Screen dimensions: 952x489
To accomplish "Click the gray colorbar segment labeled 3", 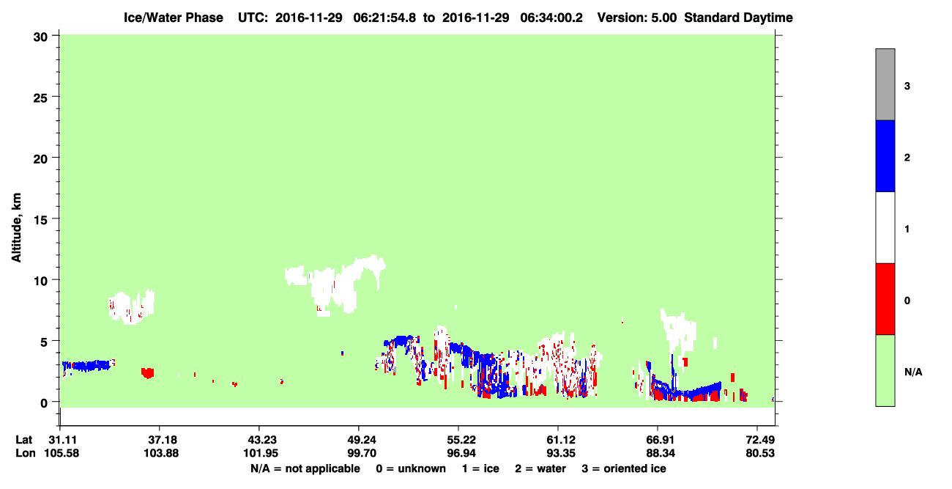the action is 885,84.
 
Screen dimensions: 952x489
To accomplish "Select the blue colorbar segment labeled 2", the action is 885,155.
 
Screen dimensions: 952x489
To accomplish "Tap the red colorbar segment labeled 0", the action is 885,299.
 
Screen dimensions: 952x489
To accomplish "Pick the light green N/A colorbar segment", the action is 885,370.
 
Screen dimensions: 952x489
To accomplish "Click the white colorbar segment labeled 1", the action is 885,227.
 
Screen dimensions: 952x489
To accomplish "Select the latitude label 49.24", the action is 361,440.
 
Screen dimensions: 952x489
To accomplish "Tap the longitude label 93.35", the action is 560,453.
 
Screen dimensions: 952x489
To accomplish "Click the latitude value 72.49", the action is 760,440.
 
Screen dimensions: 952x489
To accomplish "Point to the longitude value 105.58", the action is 62,453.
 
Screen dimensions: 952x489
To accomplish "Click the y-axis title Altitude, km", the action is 16,227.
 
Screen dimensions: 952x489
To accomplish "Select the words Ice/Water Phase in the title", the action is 174,18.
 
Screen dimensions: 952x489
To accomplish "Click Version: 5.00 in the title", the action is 636,18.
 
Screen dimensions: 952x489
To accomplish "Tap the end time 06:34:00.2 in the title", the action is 551,18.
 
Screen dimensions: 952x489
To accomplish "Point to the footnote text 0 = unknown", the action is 411,468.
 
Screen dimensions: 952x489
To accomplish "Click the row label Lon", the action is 26,453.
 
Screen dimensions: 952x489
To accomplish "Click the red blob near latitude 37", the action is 147,373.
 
